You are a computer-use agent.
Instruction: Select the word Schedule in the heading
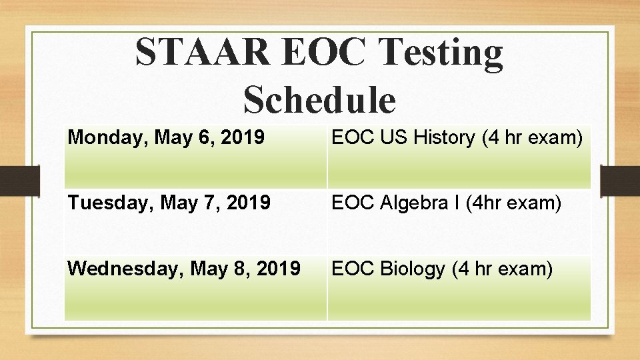[x=320, y=100]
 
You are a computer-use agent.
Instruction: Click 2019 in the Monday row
[x=243, y=138]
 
